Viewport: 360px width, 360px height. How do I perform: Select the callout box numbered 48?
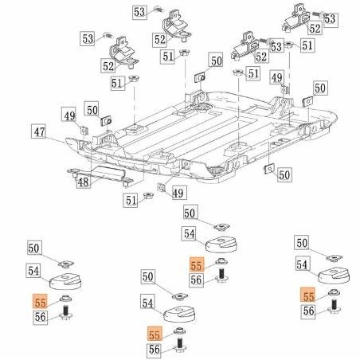[82, 182]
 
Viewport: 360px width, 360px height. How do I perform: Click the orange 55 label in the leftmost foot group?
[39, 300]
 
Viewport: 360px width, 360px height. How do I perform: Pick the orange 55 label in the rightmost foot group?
[308, 294]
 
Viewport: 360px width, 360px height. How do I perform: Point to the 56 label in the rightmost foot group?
[308, 311]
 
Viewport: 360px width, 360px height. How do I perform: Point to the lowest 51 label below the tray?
[128, 200]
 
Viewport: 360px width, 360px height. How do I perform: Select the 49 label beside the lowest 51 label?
[178, 193]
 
